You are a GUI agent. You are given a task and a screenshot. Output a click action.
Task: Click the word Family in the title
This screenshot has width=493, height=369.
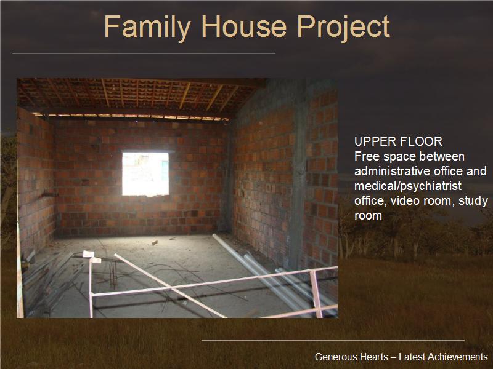pyautogui.click(x=147, y=28)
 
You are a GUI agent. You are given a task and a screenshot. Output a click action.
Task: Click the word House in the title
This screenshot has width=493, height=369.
pyautogui.click(x=244, y=26)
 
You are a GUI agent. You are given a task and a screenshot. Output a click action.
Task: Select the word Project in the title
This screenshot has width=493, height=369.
pyautogui.click(x=343, y=28)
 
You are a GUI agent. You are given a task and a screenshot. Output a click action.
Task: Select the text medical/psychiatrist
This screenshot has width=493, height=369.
pyautogui.click(x=408, y=186)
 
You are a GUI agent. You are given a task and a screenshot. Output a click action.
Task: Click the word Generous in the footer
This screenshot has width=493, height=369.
pyautogui.click(x=336, y=357)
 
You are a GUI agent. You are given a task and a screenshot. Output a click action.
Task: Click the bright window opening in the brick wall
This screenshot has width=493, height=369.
pyautogui.click(x=145, y=173)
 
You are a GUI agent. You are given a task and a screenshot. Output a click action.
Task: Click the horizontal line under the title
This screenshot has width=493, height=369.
pyautogui.click(x=144, y=54)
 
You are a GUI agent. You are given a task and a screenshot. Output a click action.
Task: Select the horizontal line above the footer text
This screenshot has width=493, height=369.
pyautogui.click(x=333, y=341)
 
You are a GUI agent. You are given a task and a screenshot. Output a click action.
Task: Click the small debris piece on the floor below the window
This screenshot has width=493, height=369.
pyautogui.click(x=155, y=242)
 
